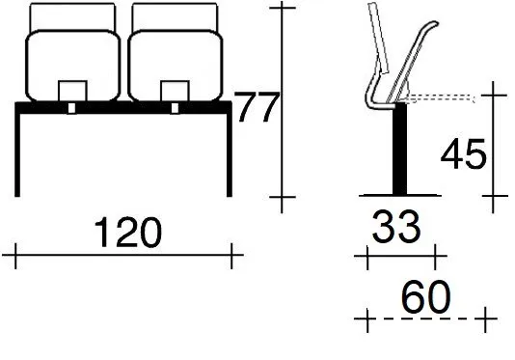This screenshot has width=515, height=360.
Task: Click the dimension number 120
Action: (128, 232)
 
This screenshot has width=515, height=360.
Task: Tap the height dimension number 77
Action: (257, 107)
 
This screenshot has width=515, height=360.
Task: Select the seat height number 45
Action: (463, 153)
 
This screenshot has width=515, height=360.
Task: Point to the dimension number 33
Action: (395, 227)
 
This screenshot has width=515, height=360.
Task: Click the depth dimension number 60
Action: (425, 297)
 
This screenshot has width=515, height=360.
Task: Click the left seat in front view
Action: (73, 65)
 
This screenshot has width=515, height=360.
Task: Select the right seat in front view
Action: (176, 65)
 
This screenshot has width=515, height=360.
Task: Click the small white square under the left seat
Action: (71, 108)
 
